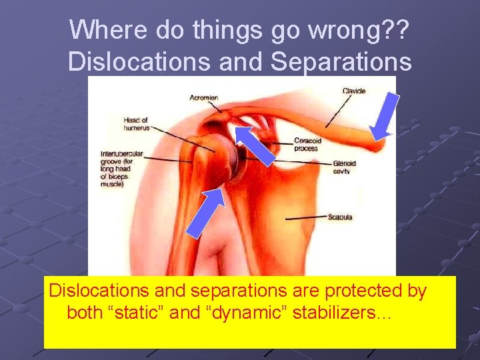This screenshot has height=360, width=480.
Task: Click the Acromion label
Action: (204, 98)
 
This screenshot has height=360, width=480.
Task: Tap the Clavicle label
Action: (354, 91)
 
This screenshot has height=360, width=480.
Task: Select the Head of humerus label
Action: (135, 123)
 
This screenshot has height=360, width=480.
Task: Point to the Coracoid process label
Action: (307, 144)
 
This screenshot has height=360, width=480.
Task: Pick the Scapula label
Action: (340, 217)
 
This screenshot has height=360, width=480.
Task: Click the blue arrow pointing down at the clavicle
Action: (386, 116)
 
